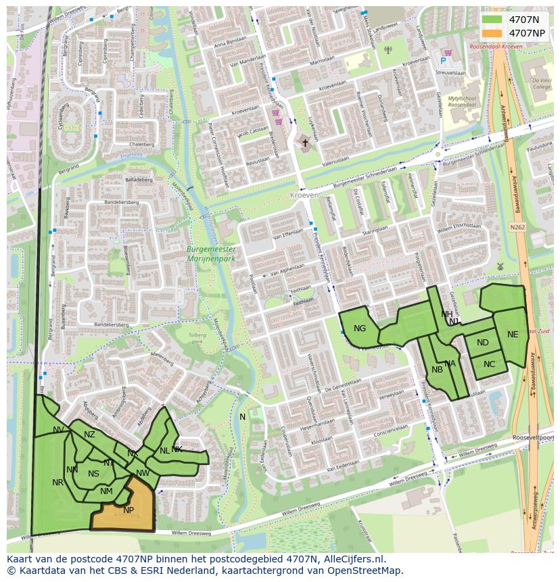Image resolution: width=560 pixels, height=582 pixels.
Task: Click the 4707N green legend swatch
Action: click(x=492, y=19)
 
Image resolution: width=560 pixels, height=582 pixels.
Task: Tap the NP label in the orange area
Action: click(x=129, y=510)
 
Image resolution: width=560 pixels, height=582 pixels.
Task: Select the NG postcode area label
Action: click(x=360, y=329)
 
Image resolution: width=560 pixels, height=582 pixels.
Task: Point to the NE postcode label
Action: click(x=513, y=335)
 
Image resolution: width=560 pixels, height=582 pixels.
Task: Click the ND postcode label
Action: click(x=482, y=343)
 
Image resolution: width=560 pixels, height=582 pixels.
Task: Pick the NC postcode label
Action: click(x=490, y=364)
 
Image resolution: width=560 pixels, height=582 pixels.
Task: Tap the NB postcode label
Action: click(x=437, y=370)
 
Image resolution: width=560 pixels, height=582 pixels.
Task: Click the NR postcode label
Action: click(x=57, y=483)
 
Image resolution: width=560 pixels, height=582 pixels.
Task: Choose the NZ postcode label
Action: click(x=89, y=435)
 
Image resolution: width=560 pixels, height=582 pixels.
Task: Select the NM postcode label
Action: click(x=106, y=491)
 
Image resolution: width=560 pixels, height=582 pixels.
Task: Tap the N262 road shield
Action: click(x=518, y=227)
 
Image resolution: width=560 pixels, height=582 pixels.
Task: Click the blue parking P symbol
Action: click(x=443, y=61)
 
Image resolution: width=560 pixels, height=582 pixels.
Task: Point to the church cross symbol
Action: click(x=305, y=143)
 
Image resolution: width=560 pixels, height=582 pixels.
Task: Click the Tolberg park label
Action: click(x=197, y=338)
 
